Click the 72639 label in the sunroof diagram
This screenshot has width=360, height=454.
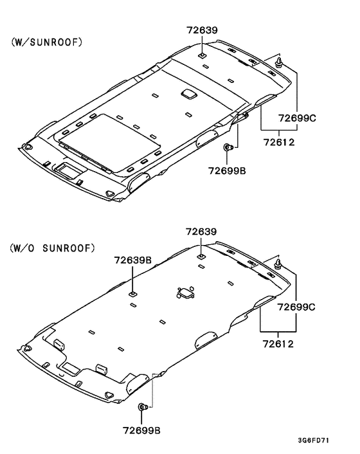click(202, 30)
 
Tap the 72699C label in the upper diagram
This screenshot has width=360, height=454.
click(297, 118)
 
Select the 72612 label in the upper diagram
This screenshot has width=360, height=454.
click(279, 142)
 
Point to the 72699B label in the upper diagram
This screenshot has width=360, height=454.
click(227, 171)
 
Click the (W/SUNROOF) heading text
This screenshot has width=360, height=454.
click(46, 42)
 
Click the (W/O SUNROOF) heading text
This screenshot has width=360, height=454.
click(52, 248)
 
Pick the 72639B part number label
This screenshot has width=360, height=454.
click(133, 260)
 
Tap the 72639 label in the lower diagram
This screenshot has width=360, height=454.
click(201, 232)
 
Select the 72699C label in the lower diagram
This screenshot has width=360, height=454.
click(296, 307)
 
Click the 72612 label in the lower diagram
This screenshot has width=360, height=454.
click(278, 344)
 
